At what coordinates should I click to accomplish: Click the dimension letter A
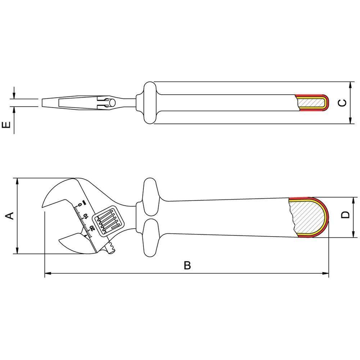10,215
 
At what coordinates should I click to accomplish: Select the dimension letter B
187,266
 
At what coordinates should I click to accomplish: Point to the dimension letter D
345,215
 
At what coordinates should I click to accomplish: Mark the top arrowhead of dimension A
17,180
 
